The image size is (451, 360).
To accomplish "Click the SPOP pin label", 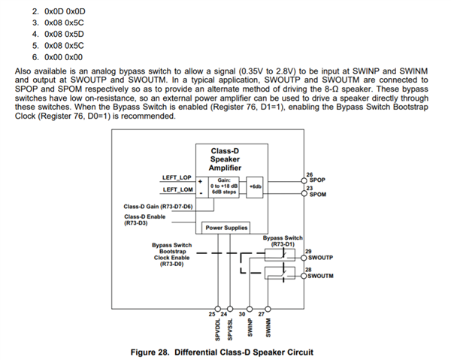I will click(316, 180).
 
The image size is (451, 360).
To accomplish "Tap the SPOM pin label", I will click(317, 194).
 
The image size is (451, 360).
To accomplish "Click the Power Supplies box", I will click(225, 227).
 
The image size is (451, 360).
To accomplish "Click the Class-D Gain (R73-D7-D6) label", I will click(158, 206).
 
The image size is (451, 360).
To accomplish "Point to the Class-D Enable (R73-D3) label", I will click(144, 219).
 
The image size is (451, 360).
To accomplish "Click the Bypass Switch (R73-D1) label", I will click(282, 241).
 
